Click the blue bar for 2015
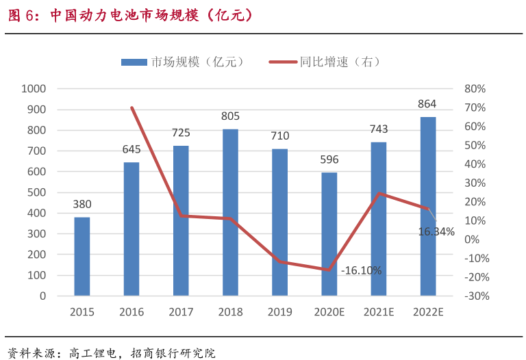pos(82,257)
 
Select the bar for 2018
pos(230,212)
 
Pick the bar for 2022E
pos(428,206)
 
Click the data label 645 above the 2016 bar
pos(131,149)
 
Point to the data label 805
pos(230,116)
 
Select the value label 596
pos(329,159)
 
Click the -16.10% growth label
pos(361,270)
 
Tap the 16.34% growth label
pos(436,232)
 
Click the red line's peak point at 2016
pos(131,107)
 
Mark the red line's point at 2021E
pos(379,194)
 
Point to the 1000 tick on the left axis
pos(34,89)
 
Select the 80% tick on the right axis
pos(475,89)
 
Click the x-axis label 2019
pos(279,312)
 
